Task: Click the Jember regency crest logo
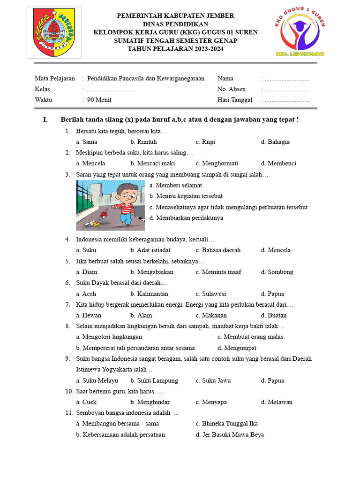[54, 32]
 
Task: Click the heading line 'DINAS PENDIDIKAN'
[175, 24]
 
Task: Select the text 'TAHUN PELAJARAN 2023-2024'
[175, 49]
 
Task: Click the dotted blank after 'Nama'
[286, 78]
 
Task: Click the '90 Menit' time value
[99, 100]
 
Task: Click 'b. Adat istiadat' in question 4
[150, 250]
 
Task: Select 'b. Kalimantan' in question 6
[149, 294]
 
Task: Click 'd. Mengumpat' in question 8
[237, 348]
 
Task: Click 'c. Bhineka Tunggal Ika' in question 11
[226, 424]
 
